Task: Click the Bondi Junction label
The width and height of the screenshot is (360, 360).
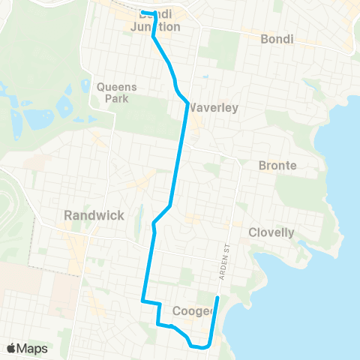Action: pos(155,21)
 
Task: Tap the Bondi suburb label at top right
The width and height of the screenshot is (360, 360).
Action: pos(276,38)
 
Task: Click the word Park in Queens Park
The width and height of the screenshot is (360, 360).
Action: pos(117,97)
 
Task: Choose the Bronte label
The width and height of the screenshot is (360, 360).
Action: pos(277,165)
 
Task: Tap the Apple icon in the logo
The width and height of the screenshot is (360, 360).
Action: pos(11,347)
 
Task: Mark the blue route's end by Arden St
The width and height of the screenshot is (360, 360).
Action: pos(217,298)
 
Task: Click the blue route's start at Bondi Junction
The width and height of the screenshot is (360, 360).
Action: pos(142,12)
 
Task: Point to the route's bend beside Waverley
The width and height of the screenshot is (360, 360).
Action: pos(187,104)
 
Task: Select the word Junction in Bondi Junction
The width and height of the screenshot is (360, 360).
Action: pos(155,27)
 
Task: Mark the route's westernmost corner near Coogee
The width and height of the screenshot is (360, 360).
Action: pos(142,301)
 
